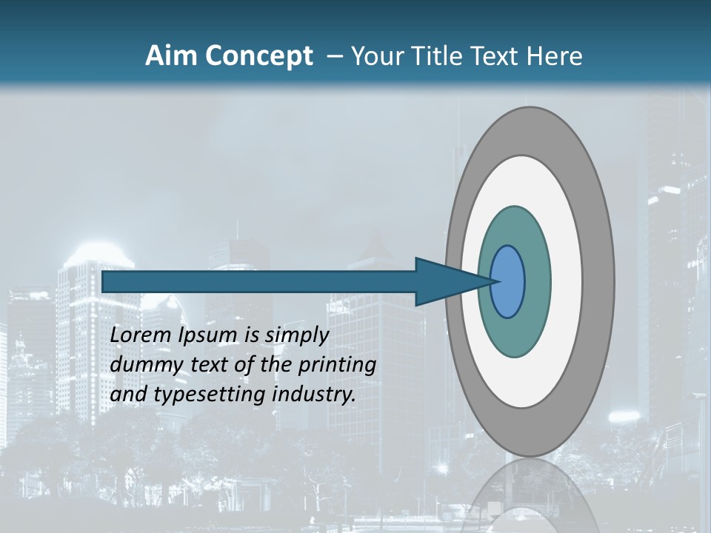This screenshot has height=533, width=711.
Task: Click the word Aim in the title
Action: (x=172, y=56)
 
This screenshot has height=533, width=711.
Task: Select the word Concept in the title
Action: (x=260, y=56)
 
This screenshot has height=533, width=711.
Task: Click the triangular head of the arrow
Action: (x=444, y=282)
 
